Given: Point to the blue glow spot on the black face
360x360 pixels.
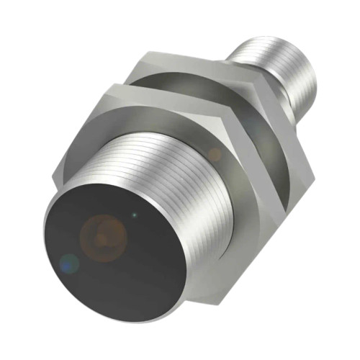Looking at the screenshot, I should tap(68, 264).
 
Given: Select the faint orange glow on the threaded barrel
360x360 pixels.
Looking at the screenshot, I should tap(215, 153).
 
